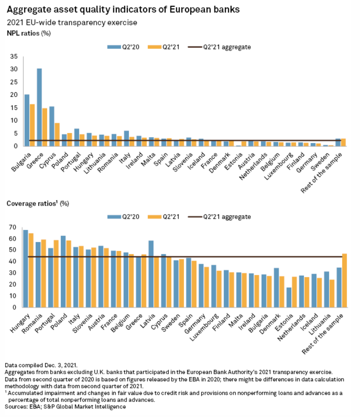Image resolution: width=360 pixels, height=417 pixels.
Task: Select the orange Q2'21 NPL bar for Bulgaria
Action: coord(32,125)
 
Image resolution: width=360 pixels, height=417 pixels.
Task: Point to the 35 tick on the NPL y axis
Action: coord(14,57)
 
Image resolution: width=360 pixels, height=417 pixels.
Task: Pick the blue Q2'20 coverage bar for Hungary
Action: coord(26,269)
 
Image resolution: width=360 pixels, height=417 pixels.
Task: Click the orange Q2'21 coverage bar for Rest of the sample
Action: coord(344,280)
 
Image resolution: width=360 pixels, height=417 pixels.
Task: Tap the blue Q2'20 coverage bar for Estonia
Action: coord(289,297)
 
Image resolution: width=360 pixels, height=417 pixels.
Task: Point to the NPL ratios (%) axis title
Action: coord(29,33)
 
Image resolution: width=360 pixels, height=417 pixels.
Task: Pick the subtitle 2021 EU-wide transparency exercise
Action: coord(72,22)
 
